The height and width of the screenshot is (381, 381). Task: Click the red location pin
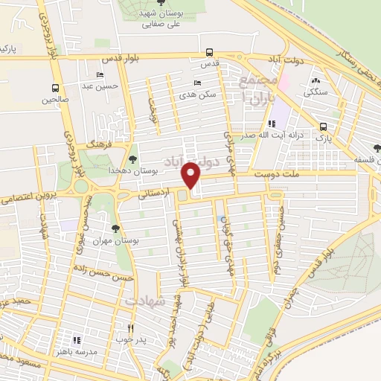tap(192, 174)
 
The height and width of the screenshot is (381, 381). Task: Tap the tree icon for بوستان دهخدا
tap(133, 159)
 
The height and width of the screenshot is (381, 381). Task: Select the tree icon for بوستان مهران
tap(115, 228)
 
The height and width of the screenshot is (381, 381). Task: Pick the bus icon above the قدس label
tap(210, 53)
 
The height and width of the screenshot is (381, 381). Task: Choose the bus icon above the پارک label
tap(324, 127)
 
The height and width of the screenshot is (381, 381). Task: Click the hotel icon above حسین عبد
tap(100, 75)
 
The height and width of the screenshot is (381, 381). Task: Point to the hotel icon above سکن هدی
tap(197, 83)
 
